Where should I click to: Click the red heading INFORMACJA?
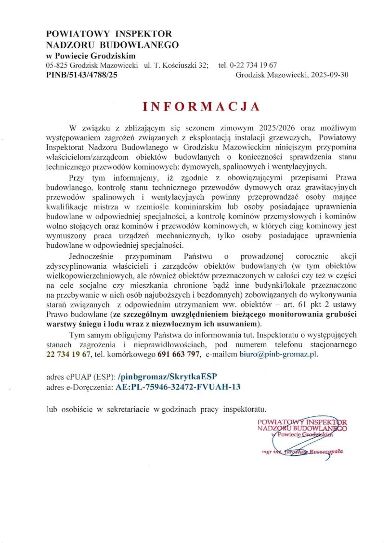201,106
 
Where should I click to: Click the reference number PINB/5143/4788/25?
81,75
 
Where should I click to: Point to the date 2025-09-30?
330,75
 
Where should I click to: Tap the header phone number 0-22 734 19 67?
253,65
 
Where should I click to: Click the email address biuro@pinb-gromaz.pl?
278,354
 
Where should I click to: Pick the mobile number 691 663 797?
178,354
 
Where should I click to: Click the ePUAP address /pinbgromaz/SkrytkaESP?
167,376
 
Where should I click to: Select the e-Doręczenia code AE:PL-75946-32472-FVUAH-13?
178,387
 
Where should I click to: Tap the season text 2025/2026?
277,128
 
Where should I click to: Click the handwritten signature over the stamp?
297,440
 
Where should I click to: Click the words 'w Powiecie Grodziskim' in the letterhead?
91,56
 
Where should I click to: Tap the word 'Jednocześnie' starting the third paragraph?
91,256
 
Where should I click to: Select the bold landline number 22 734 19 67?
68,354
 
